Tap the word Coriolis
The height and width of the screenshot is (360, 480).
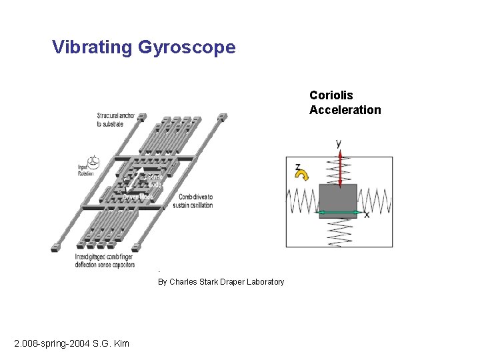click(331, 95)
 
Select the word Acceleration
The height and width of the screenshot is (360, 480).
click(345, 110)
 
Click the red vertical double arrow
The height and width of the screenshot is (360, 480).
click(339, 169)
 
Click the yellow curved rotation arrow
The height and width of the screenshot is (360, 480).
click(303, 175)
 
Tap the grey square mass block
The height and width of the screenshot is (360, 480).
click(338, 201)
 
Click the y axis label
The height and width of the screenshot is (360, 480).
click(339, 143)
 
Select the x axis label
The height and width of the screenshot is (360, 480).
click(367, 214)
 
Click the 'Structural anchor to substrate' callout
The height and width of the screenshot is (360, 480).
click(115, 119)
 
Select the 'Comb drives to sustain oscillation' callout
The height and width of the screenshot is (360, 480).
click(195, 201)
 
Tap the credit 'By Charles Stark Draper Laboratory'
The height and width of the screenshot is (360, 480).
click(221, 282)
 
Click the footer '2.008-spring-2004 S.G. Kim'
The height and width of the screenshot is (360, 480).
click(72, 343)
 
